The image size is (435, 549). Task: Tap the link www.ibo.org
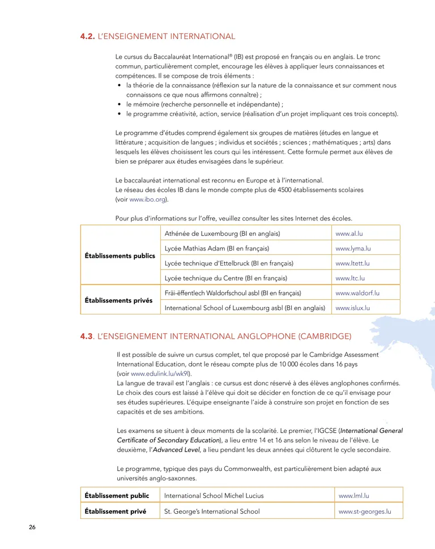point(148,200)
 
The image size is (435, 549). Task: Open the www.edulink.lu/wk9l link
point(161,374)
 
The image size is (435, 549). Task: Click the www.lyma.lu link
point(353,248)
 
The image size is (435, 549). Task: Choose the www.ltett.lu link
point(352,263)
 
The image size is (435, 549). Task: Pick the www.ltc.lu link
point(350,278)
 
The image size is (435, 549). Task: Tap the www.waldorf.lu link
point(357,293)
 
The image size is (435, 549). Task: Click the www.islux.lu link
point(352,308)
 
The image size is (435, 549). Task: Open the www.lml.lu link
point(354,496)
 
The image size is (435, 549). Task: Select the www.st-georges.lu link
point(365,511)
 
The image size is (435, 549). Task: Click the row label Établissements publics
point(120,256)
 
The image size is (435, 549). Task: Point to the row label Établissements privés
point(118,300)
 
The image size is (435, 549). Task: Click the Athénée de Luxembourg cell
point(222,233)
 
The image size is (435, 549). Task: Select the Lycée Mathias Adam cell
point(216,248)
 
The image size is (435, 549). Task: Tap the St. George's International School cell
point(212,511)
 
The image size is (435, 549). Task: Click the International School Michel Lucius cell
point(214,496)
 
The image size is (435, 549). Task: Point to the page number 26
point(32,527)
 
